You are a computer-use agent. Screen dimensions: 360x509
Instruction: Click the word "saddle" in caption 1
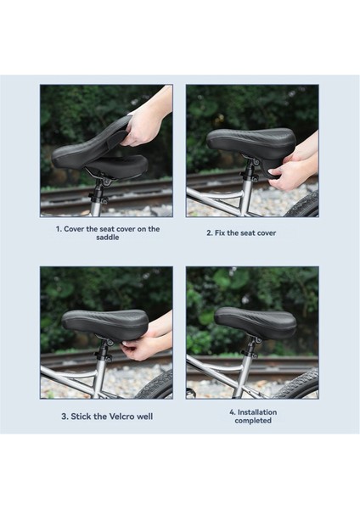click(108, 237)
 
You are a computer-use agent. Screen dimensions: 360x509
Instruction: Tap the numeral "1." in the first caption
click(59, 229)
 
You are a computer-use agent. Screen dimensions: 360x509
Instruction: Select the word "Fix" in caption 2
click(220, 232)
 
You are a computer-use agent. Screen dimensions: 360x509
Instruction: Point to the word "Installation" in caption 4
click(257, 412)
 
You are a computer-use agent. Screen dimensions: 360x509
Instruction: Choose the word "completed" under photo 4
click(253, 421)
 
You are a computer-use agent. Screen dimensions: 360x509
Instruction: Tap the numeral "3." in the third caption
click(65, 417)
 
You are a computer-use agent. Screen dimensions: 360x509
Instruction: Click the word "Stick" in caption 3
click(82, 417)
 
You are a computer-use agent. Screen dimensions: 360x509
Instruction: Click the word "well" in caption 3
click(144, 417)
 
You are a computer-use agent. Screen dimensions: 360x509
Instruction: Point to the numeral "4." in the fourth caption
click(233, 412)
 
